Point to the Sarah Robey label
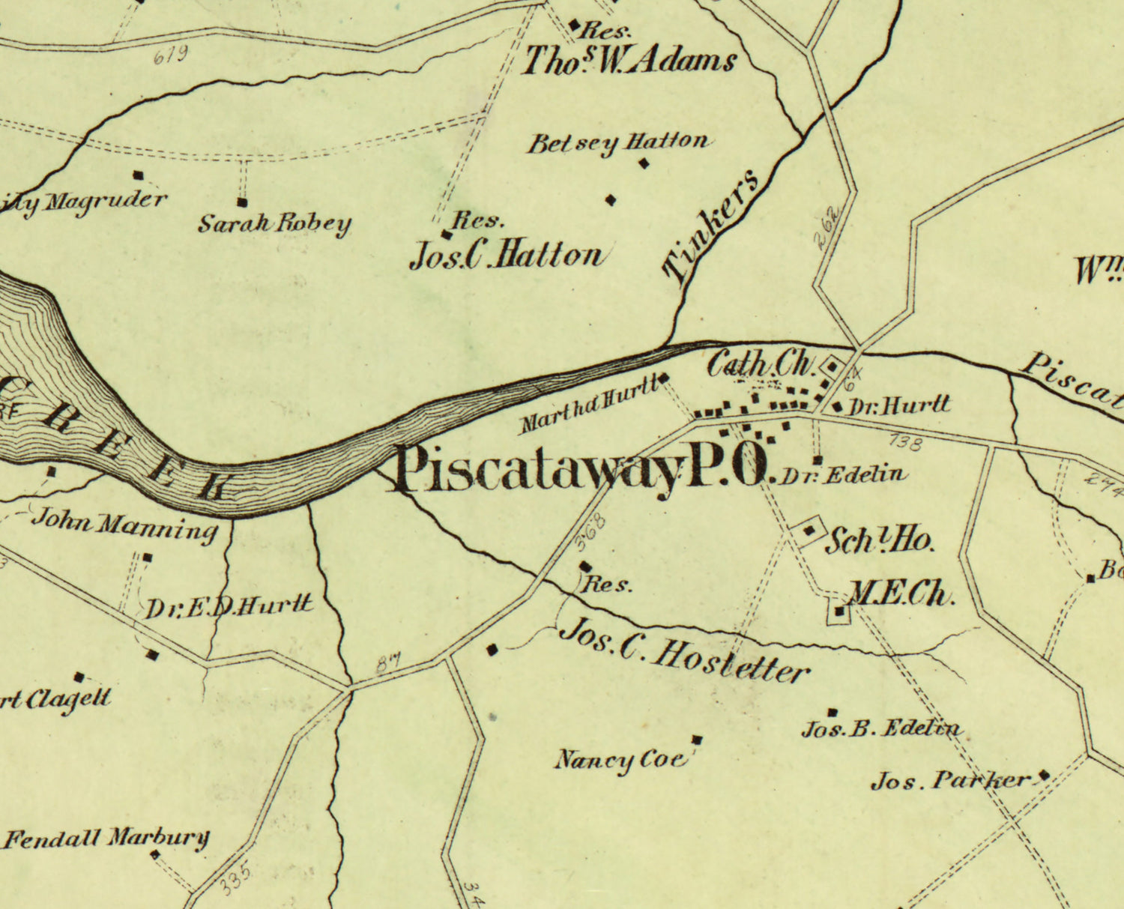pos(274,223)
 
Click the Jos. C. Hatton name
pos(506,256)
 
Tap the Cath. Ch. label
pos(760,364)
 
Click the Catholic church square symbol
pos(833,367)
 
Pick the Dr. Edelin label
pos(843,475)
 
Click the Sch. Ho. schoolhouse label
pos(879,540)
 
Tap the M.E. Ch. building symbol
pos(840,613)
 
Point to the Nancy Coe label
pos(620,760)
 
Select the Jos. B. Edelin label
pos(881,728)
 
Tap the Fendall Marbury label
pos(106,838)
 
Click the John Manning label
pos(124,527)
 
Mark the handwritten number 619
pos(169,55)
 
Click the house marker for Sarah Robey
pos(242,202)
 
